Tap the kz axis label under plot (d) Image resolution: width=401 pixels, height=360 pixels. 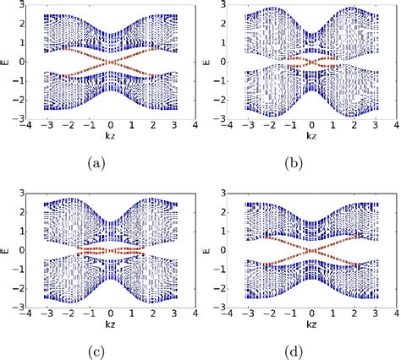310,320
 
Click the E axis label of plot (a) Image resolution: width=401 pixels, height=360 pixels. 6,62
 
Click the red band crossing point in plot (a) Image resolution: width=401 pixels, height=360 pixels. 112,62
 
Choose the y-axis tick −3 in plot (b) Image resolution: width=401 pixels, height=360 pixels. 218,119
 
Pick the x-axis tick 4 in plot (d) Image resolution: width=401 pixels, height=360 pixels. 393,312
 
